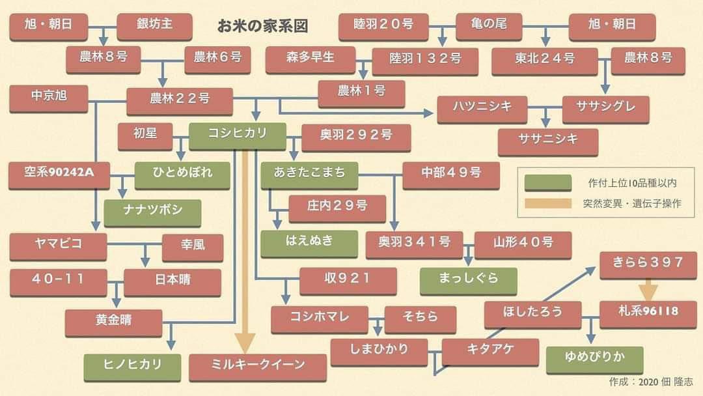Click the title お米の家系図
tap(262, 27)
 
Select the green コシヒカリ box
tap(238, 135)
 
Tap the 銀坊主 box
tap(154, 25)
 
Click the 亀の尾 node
tap(489, 25)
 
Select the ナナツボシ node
tap(152, 210)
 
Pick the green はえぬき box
tap(309, 241)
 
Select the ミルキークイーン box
tap(258, 365)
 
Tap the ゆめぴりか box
tap(594, 358)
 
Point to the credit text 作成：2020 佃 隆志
tap(651, 382)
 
